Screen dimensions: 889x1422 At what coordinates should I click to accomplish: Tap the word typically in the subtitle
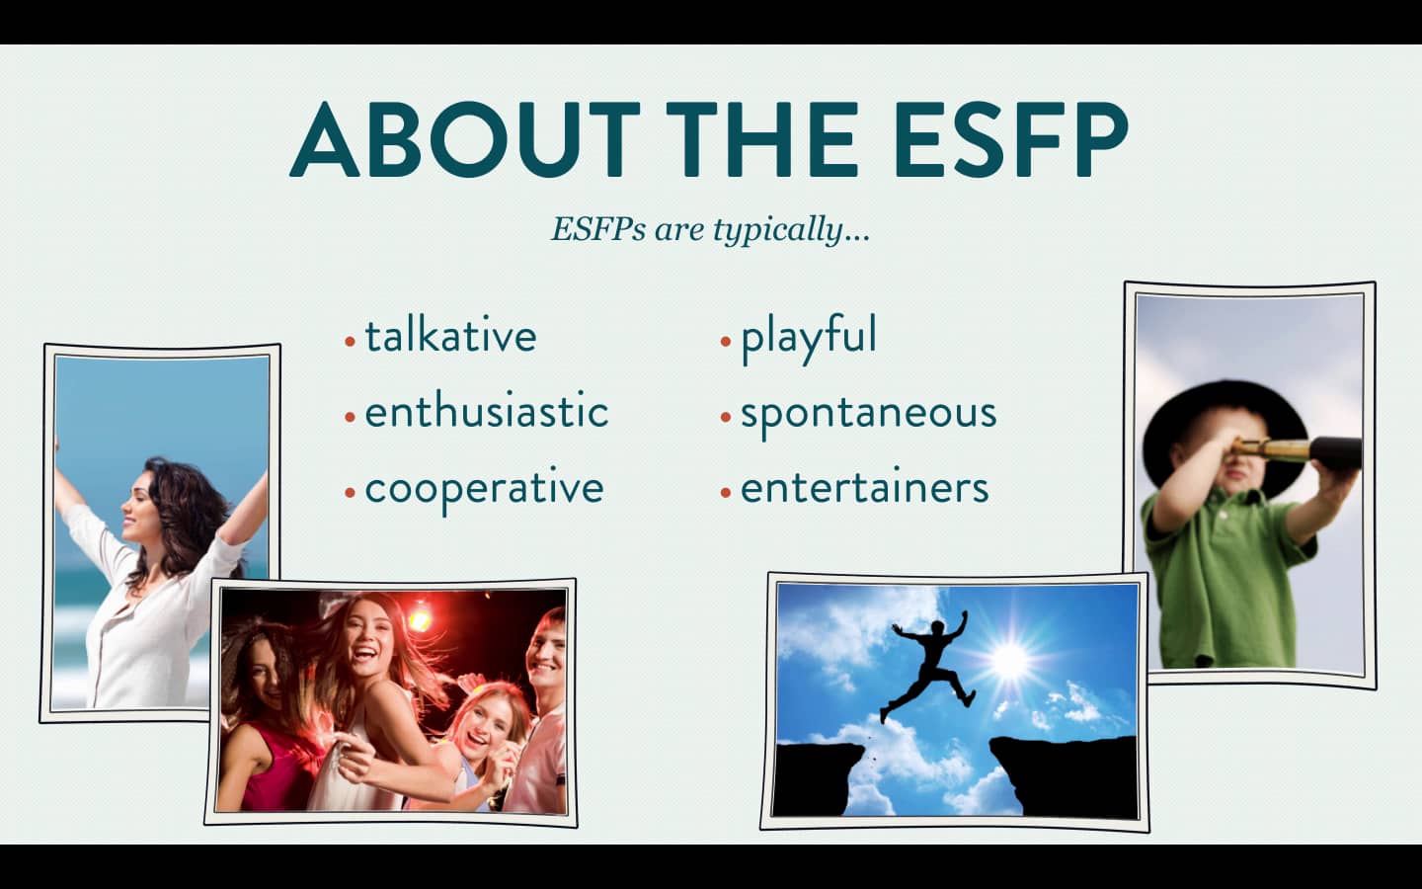click(790, 230)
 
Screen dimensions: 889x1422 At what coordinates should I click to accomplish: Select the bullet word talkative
click(450, 336)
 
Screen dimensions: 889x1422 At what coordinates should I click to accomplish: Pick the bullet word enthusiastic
click(486, 412)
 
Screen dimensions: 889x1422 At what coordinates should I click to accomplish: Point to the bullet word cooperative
click(484, 488)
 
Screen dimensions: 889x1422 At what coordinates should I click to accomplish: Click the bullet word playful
click(808, 337)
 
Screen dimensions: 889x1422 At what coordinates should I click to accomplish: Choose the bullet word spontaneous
click(868, 413)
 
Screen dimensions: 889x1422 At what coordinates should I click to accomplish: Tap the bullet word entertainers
click(864, 488)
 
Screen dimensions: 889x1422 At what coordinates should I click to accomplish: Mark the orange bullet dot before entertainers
click(726, 491)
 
